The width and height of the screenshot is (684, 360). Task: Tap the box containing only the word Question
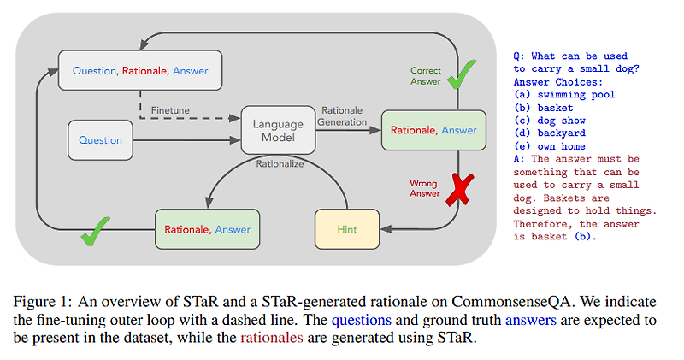coord(101,140)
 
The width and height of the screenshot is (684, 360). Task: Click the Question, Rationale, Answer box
coord(139,70)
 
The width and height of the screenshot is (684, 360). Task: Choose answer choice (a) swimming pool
coord(564,95)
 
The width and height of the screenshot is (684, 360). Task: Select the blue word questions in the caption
coord(362,320)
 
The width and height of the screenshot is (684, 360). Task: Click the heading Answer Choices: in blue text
coord(558,82)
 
